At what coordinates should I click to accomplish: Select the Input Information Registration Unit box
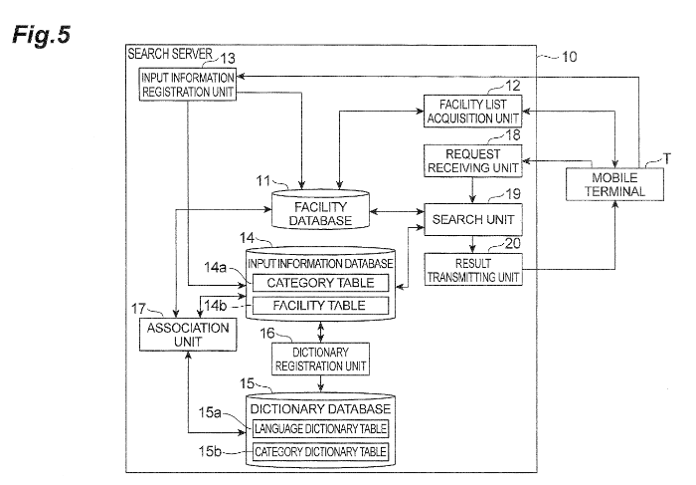(x=188, y=86)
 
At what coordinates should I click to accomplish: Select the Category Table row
(x=319, y=283)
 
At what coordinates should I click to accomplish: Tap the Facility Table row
(x=319, y=305)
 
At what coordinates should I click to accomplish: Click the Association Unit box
(x=188, y=334)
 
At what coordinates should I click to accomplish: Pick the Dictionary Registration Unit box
(x=319, y=359)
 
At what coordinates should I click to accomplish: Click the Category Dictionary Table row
(x=319, y=453)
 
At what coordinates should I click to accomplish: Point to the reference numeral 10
(x=569, y=57)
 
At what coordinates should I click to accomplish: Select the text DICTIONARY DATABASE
(x=319, y=408)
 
